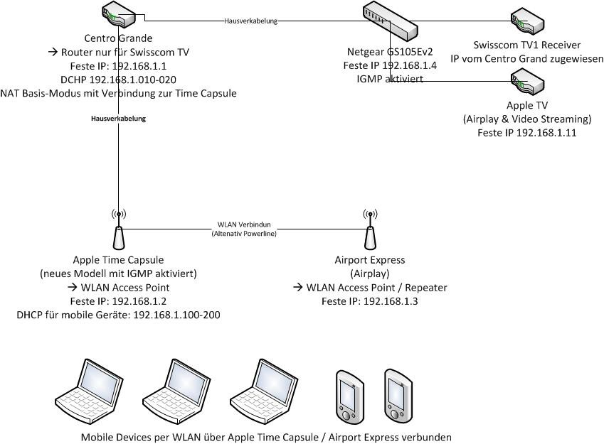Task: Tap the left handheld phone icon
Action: tap(348, 396)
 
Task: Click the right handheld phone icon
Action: tap(397, 396)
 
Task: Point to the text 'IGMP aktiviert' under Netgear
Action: tap(391, 79)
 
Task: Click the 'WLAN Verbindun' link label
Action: tap(244, 224)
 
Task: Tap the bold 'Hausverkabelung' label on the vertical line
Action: tap(118, 119)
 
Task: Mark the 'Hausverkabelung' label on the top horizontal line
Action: tap(250, 21)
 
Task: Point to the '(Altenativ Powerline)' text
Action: tap(244, 233)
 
